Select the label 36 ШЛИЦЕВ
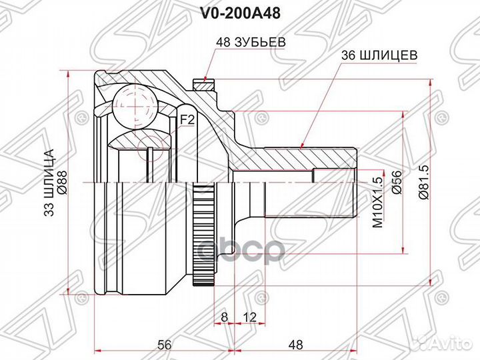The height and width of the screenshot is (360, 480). (380, 57)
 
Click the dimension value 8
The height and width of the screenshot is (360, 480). (224, 315)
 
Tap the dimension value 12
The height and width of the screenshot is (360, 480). (249, 315)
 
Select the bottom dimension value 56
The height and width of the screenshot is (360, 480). (165, 345)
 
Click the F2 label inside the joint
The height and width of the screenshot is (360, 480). (187, 120)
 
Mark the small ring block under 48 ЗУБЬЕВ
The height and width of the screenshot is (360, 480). (201, 85)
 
